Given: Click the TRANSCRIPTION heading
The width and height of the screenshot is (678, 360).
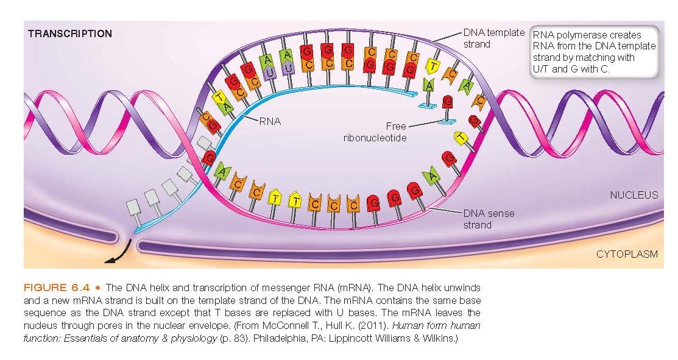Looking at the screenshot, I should (70, 34).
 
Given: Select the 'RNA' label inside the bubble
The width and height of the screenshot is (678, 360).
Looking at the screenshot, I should (269, 121).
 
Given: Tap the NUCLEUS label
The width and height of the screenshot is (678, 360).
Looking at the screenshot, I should (634, 195).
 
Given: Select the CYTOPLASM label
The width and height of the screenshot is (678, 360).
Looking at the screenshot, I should (627, 254).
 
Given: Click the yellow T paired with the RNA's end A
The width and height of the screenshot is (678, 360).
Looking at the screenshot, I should (433, 66).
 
